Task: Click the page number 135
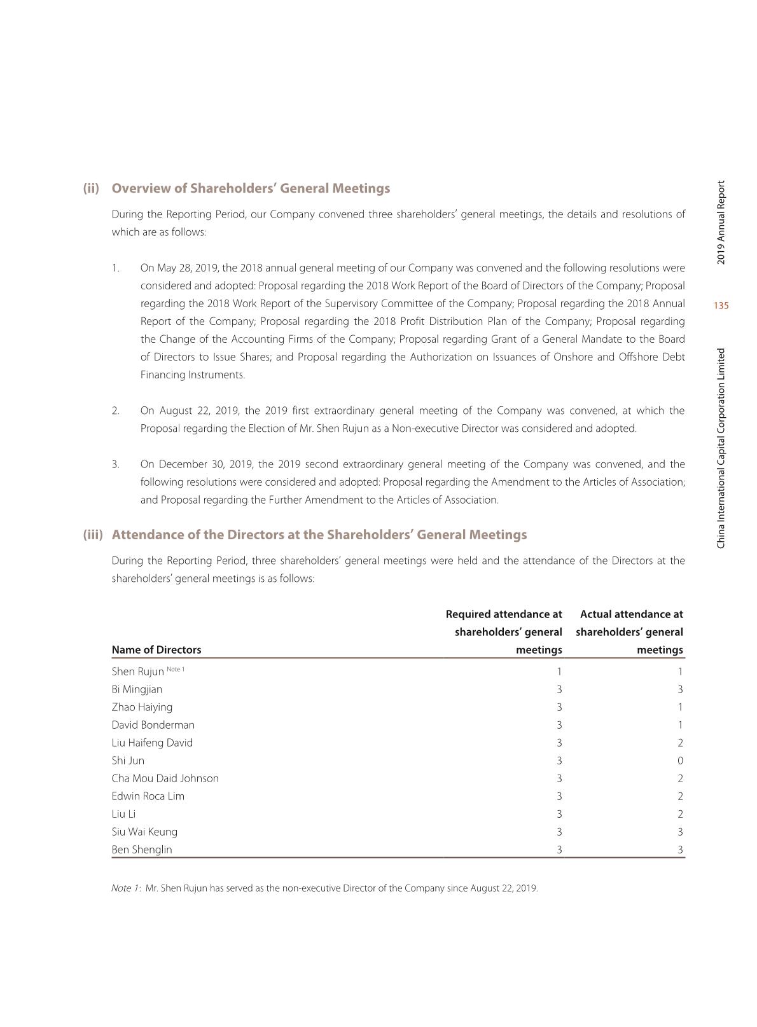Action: (x=721, y=306)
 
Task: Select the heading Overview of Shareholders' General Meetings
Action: (x=251, y=189)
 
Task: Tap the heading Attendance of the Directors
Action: (x=319, y=535)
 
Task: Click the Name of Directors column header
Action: (x=156, y=650)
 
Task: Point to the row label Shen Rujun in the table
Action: (x=137, y=672)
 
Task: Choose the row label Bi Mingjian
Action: (x=137, y=689)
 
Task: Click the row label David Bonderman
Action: (x=153, y=725)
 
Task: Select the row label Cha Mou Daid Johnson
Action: (x=165, y=778)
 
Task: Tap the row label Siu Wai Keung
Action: (x=144, y=832)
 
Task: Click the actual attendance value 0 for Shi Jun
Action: (x=680, y=761)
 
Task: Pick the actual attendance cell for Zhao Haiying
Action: (x=680, y=707)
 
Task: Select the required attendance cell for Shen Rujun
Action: (x=559, y=672)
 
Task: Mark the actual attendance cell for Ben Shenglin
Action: (x=680, y=850)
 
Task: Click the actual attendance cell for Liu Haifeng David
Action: (x=680, y=743)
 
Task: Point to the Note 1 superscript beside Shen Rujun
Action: (x=176, y=669)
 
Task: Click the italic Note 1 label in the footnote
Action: (x=125, y=888)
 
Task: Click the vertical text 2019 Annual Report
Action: (x=721, y=223)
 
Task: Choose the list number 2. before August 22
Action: (x=115, y=411)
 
